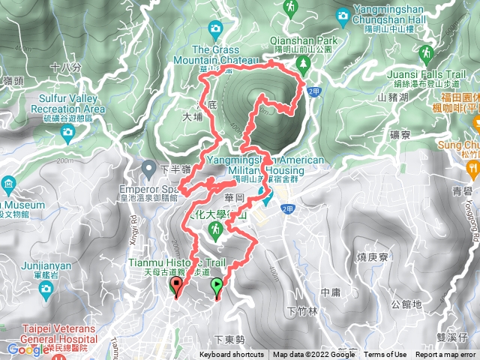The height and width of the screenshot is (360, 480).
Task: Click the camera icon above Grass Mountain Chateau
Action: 215,29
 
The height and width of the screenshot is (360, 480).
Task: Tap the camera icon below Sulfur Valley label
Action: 68,133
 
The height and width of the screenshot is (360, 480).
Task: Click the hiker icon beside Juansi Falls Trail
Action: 426,53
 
